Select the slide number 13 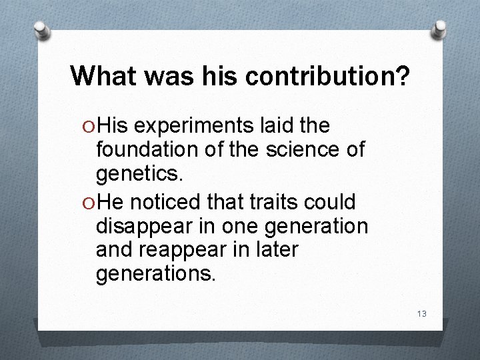click(421, 314)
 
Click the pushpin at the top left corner click(41, 29)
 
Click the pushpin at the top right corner click(439, 28)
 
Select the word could click(337, 202)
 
